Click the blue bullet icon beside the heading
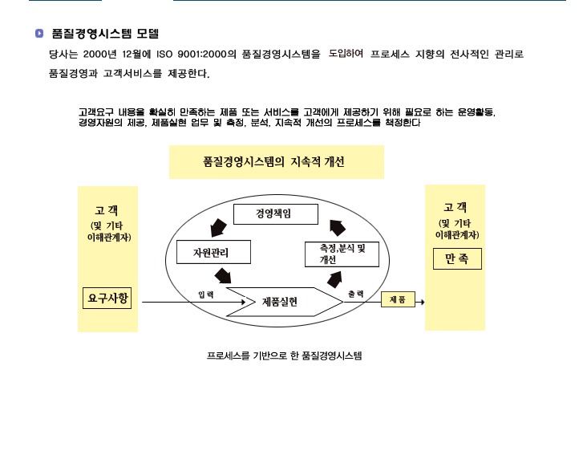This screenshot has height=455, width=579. (39, 34)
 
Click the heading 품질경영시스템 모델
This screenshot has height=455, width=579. (105, 34)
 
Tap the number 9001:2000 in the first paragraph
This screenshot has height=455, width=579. (201, 55)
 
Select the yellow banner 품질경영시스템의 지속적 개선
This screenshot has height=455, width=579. (277, 162)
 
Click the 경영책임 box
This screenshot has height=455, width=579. (276, 214)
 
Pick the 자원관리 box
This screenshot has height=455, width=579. (213, 252)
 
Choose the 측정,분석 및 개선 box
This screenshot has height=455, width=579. (342, 254)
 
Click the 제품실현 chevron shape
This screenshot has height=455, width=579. (285, 302)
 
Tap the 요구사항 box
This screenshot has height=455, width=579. (107, 298)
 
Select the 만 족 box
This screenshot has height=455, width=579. (457, 258)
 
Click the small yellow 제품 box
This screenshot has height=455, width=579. (398, 299)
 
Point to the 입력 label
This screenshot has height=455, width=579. (206, 295)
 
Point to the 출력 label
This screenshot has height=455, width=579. (355, 294)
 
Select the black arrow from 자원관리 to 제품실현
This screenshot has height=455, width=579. (223, 276)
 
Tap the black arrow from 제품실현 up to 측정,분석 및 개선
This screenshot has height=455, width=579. (334, 279)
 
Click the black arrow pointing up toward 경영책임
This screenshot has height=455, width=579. (338, 228)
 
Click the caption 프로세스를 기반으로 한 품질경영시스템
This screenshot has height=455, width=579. (285, 355)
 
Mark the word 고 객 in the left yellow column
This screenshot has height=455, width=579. (107, 211)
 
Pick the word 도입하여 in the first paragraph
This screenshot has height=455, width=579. (346, 54)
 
